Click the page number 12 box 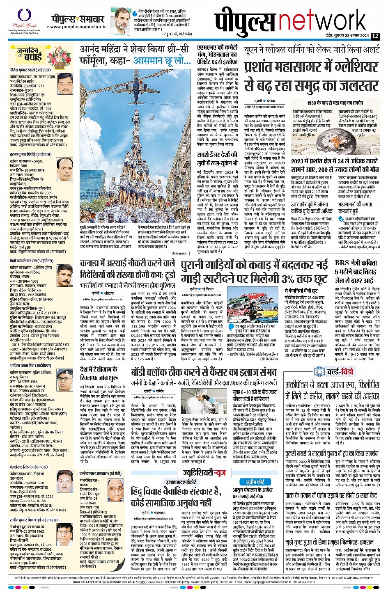click(x=375, y=36)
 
